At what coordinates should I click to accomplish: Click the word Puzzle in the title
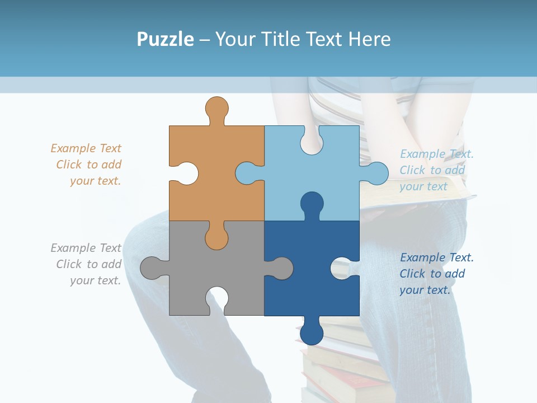(165, 39)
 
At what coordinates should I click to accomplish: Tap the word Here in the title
(369, 39)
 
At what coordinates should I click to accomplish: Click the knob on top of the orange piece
(216, 108)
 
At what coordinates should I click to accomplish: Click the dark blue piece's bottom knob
(312, 332)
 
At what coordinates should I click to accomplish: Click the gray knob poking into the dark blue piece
(281, 268)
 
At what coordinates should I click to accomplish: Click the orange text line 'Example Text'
(86, 148)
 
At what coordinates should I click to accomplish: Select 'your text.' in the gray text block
(95, 280)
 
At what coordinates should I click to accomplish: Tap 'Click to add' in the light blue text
(432, 170)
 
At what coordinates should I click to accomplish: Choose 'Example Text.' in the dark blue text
(436, 257)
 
